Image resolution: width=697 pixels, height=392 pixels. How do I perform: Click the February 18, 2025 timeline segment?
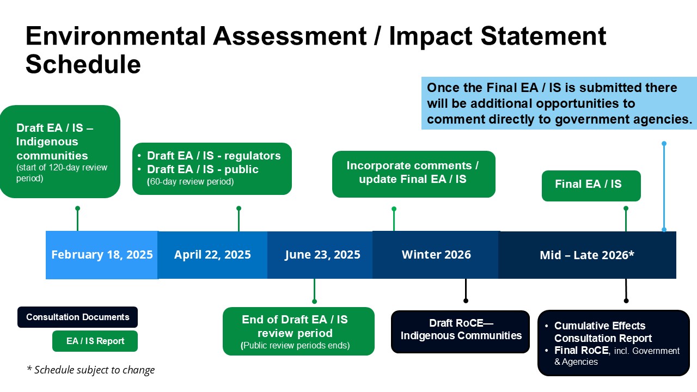coord(102,255)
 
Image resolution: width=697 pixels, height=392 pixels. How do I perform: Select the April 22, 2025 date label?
coord(212,255)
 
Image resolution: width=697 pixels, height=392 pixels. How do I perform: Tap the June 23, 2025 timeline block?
coord(322,255)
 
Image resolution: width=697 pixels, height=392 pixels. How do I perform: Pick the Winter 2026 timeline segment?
coord(436,255)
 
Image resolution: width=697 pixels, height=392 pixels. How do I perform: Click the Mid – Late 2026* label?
coord(587,255)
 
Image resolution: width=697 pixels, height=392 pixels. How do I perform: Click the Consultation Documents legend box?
coord(77,317)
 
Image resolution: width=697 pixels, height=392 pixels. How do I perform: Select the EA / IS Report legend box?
coord(95,341)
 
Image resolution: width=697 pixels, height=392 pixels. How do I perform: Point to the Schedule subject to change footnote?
coord(91,370)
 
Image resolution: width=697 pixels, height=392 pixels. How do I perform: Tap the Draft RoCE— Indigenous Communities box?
coord(461,330)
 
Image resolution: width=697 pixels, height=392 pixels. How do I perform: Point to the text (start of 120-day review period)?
coord(62,173)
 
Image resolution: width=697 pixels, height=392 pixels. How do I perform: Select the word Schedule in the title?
coord(83,65)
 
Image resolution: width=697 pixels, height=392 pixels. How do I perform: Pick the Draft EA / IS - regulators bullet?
coord(213,156)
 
